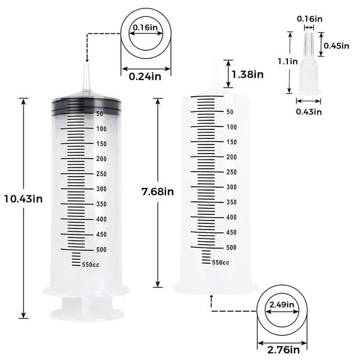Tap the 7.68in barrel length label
157,191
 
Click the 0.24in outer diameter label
141,78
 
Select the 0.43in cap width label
309,111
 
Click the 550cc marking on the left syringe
91,264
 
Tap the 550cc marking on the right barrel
220,262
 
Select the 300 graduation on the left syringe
101,189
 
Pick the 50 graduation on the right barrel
229,111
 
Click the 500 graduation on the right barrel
231,247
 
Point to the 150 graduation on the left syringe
101,144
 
